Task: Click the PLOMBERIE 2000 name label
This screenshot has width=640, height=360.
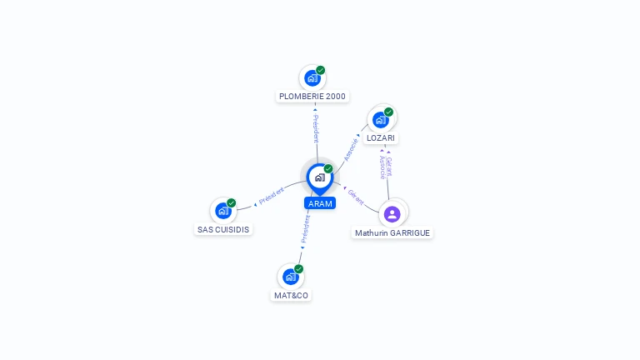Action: (312, 97)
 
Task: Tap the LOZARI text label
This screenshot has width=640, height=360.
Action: (381, 138)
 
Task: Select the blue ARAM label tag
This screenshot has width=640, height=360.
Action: (320, 203)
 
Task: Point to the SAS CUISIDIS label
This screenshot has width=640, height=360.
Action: (222, 229)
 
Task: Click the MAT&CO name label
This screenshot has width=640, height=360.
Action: (291, 295)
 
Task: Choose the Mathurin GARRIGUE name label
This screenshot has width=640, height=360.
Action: (392, 233)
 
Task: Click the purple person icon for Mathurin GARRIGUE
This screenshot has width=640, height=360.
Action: (392, 213)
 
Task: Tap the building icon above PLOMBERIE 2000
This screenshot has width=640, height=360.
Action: (312, 78)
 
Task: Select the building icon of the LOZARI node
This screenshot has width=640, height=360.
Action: (380, 119)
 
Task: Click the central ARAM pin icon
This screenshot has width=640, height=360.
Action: (319, 177)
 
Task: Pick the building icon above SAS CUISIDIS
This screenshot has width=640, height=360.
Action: (222, 211)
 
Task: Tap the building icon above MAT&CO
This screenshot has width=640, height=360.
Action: (290, 277)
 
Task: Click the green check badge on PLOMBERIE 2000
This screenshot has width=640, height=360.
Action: (321, 70)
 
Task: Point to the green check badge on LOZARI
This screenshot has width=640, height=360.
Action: (388, 112)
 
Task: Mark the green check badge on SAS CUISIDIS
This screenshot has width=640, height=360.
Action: (232, 202)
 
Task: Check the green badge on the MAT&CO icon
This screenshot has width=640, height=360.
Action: (298, 268)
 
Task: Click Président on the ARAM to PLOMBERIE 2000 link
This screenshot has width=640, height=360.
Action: (316, 128)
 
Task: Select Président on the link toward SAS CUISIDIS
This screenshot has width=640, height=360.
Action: (272, 197)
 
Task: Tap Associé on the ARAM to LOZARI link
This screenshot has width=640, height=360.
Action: (352, 149)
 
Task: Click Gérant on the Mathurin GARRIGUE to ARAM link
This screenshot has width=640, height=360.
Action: (356, 197)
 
